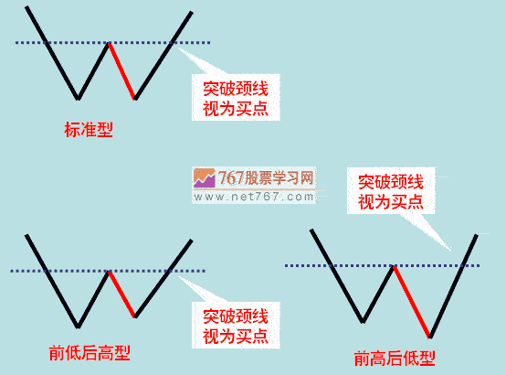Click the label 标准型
(x=89, y=130)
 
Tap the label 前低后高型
(x=90, y=353)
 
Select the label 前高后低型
(x=395, y=359)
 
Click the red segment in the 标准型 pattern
(x=122, y=71)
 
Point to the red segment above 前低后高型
(x=122, y=295)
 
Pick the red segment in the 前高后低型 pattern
(x=412, y=302)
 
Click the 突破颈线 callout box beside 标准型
(x=236, y=97)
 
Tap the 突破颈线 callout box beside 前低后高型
(x=236, y=326)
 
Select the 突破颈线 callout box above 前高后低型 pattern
(x=391, y=191)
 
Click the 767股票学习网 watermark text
(x=266, y=177)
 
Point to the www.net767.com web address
(x=254, y=197)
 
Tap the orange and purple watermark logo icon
(x=205, y=178)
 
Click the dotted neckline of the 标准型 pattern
(x=112, y=42)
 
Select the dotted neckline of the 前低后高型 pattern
(x=108, y=271)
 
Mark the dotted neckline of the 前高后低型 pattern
(x=382, y=266)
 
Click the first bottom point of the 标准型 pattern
(x=78, y=98)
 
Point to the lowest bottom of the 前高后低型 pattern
(x=430, y=337)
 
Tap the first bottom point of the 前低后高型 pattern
(x=78, y=327)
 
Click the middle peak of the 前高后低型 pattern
(x=394, y=266)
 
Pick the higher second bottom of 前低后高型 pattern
(x=135, y=316)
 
